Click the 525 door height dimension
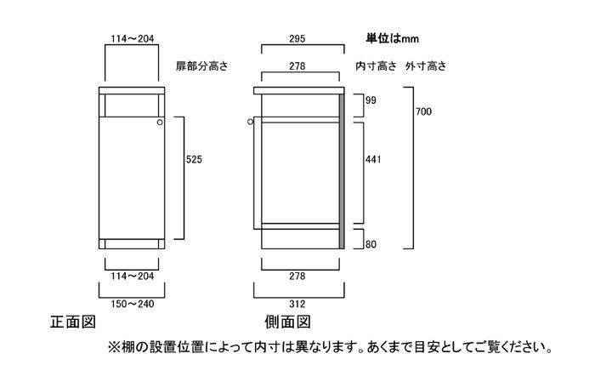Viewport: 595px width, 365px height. [x=194, y=159]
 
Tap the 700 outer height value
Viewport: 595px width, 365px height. [x=423, y=111]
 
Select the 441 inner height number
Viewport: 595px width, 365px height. [x=373, y=159]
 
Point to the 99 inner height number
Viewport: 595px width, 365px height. [x=371, y=100]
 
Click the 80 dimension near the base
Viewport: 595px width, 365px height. [x=371, y=244]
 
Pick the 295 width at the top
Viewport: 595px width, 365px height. [x=297, y=39]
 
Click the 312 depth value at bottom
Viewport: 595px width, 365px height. [x=297, y=304]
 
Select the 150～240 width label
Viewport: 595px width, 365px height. [x=133, y=304]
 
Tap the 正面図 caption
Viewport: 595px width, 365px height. [x=73, y=322]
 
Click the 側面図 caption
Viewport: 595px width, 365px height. [x=287, y=322]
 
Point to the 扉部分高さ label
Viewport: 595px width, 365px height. [x=201, y=66]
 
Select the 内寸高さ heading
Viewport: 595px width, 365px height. [x=376, y=66]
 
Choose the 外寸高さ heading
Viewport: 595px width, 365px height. [x=426, y=66]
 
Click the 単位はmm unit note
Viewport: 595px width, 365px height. [x=393, y=38]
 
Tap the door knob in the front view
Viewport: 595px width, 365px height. [x=160, y=123]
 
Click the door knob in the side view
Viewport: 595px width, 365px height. [x=250, y=122]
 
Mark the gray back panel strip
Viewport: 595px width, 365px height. [x=342, y=171]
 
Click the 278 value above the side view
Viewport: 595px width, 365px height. [x=297, y=66]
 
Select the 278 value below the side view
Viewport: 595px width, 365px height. [x=297, y=277]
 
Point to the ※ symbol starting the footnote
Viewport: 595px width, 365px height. [x=114, y=347]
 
